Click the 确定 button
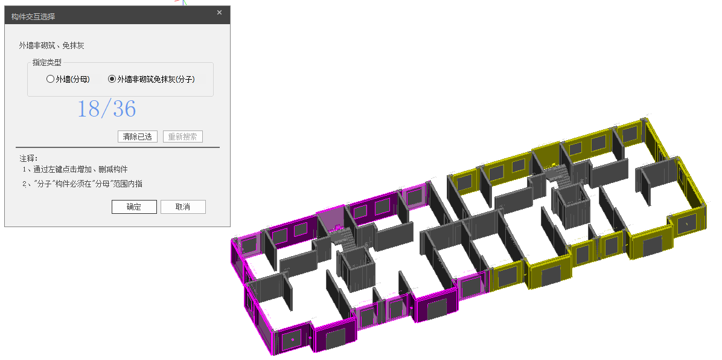134,207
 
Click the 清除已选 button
137,137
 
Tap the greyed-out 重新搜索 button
183,137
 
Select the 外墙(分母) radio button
50,79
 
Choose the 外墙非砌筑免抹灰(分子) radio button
112,79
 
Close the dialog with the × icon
219,13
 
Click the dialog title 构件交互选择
33,16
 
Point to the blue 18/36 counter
106,109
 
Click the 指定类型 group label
46,62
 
